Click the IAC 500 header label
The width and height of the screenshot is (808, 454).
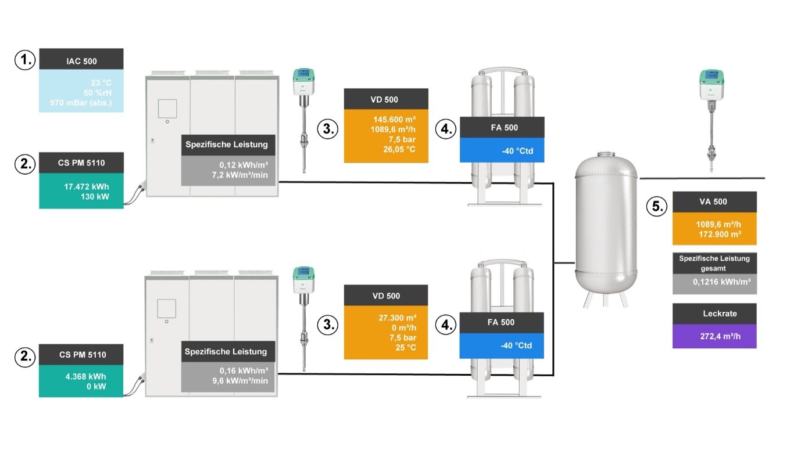coord(81,60)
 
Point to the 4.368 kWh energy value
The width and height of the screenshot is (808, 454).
coord(88,376)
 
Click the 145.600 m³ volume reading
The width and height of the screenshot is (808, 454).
coord(394,118)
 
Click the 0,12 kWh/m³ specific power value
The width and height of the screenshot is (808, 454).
coord(244,164)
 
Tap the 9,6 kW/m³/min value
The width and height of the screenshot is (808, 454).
coord(244,380)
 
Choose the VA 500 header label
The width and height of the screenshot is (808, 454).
coord(714,202)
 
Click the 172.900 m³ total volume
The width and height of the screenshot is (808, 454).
coord(718,233)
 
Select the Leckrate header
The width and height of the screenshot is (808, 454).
coord(714,314)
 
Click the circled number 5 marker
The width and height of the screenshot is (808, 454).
coord(656,207)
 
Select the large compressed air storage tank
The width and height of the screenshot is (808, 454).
coord(606,226)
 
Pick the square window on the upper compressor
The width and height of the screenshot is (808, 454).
coord(167,109)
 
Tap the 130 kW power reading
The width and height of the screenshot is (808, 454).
coord(96,197)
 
